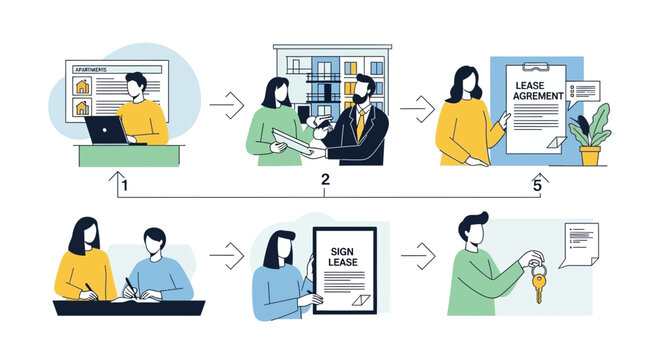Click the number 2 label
point(325,180)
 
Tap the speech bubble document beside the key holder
point(578,244)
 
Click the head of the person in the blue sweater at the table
point(153,243)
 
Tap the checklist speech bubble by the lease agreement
point(582,91)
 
